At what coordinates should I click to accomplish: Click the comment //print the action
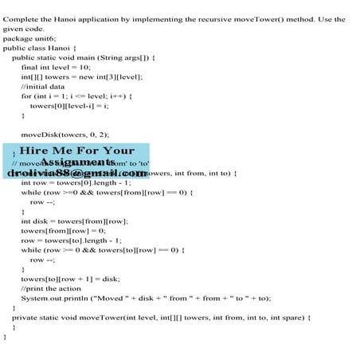click(x=53, y=288)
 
